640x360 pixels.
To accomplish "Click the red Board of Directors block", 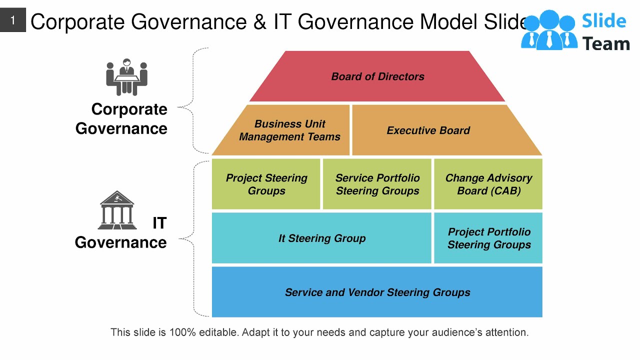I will [x=377, y=76].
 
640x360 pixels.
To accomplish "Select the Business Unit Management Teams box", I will [x=289, y=130].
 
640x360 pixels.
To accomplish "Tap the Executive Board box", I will [x=428, y=130].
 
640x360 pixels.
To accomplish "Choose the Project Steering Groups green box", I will [x=266, y=184].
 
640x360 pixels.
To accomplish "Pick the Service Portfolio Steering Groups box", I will [x=377, y=184].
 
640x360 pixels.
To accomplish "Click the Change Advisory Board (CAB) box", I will [x=488, y=184].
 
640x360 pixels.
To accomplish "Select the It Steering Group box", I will [x=321, y=238].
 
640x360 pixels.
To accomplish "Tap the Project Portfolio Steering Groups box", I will [x=488, y=238].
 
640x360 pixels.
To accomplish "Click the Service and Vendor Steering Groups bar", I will [x=377, y=292].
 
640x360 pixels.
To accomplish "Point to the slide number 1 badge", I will [x=13, y=21].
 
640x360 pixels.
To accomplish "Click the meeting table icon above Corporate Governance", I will [x=126, y=77].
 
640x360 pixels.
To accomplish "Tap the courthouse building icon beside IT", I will [x=117, y=210].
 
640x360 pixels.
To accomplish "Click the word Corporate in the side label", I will [x=129, y=109].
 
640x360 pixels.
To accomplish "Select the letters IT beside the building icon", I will [x=159, y=223].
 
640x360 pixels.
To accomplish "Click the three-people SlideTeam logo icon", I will [x=548, y=30].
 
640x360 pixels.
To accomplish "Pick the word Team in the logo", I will [x=606, y=44].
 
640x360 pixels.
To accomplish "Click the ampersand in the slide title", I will [x=260, y=22].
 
